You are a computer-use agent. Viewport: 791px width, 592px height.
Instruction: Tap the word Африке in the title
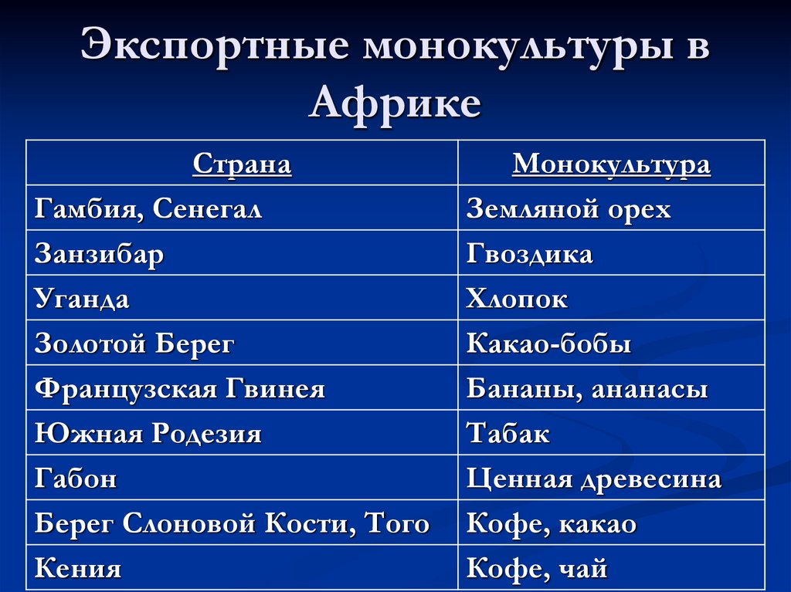tap(395, 103)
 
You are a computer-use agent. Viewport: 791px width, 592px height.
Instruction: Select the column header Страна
tap(242, 164)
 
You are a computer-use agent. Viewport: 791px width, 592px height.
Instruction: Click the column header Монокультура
tap(611, 164)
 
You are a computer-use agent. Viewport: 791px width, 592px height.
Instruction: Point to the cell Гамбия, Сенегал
tap(148, 209)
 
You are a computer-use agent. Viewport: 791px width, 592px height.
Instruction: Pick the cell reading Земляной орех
tap(569, 209)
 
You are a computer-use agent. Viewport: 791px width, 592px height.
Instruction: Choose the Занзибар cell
tap(99, 254)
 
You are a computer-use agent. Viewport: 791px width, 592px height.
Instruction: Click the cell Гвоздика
tap(529, 254)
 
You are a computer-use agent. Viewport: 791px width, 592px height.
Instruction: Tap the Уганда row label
tap(82, 299)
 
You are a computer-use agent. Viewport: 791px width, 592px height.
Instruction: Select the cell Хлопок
tap(517, 299)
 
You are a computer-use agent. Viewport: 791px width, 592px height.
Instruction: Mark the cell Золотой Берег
tap(134, 344)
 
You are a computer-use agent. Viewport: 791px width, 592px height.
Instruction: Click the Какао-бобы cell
tap(548, 344)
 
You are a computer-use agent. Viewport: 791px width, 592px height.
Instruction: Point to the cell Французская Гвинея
tap(180, 389)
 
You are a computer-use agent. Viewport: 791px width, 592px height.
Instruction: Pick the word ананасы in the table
tap(650, 389)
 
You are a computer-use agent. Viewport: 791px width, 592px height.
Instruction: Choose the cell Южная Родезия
tap(148, 434)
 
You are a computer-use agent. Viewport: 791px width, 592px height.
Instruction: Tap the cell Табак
tap(508, 434)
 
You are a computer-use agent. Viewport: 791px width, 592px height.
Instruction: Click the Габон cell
tap(76, 479)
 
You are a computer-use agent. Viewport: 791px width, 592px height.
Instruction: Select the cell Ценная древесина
tap(594, 479)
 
